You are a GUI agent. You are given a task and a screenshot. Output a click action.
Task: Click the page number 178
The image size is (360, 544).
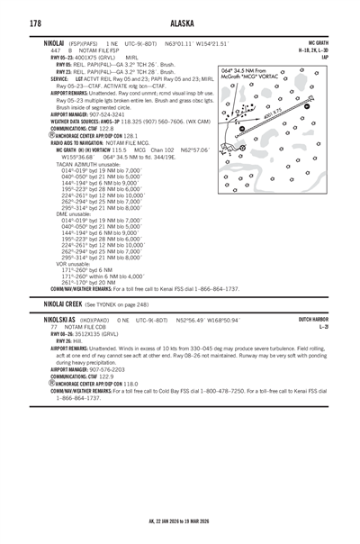pyautogui.click(x=35, y=23)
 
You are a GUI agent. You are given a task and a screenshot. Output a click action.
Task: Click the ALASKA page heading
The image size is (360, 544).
pyautogui.click(x=182, y=23)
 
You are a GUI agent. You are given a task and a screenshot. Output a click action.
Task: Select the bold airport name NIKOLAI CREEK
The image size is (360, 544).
pyautogui.click(x=63, y=304)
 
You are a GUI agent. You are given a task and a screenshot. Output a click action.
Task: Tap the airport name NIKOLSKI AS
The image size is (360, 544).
pyautogui.click(x=59, y=320)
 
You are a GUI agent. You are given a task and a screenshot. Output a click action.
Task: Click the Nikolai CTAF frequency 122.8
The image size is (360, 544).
pyautogui.click(x=106, y=129)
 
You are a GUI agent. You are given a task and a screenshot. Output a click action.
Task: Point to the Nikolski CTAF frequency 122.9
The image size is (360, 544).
pyautogui.click(x=106, y=376)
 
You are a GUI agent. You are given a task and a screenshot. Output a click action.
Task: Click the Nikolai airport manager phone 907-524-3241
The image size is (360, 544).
pyautogui.click(x=107, y=114)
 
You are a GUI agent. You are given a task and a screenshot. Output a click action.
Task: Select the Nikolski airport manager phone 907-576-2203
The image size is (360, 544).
pyautogui.click(x=107, y=369)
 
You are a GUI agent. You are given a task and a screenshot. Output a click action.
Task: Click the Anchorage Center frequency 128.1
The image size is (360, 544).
pyautogui.click(x=130, y=136)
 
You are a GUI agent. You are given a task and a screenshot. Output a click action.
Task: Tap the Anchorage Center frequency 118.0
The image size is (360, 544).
pyautogui.click(x=130, y=384)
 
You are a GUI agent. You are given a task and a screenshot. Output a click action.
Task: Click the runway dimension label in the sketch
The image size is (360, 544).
pyautogui.click(x=273, y=113)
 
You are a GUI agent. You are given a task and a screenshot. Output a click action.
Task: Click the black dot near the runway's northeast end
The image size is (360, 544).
pyautogui.click(x=307, y=106)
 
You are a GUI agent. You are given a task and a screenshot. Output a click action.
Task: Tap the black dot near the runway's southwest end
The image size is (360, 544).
pyautogui.click(x=242, y=129)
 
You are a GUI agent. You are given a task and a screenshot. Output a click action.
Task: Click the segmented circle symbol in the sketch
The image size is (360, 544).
pyautogui.click(x=243, y=148)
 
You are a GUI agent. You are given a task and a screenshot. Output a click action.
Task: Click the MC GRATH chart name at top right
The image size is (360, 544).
pyautogui.click(x=319, y=43)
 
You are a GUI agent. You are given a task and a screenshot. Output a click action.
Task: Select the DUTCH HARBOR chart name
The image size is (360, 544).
pyautogui.click(x=313, y=319)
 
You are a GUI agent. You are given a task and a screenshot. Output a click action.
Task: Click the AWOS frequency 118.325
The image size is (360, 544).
pyautogui.click(x=130, y=122)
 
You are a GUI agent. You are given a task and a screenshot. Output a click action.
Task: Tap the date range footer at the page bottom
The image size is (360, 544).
pyautogui.click(x=179, y=521)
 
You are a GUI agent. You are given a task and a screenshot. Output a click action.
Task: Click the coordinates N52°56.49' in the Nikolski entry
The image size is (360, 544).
pyautogui.click(x=190, y=321)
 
